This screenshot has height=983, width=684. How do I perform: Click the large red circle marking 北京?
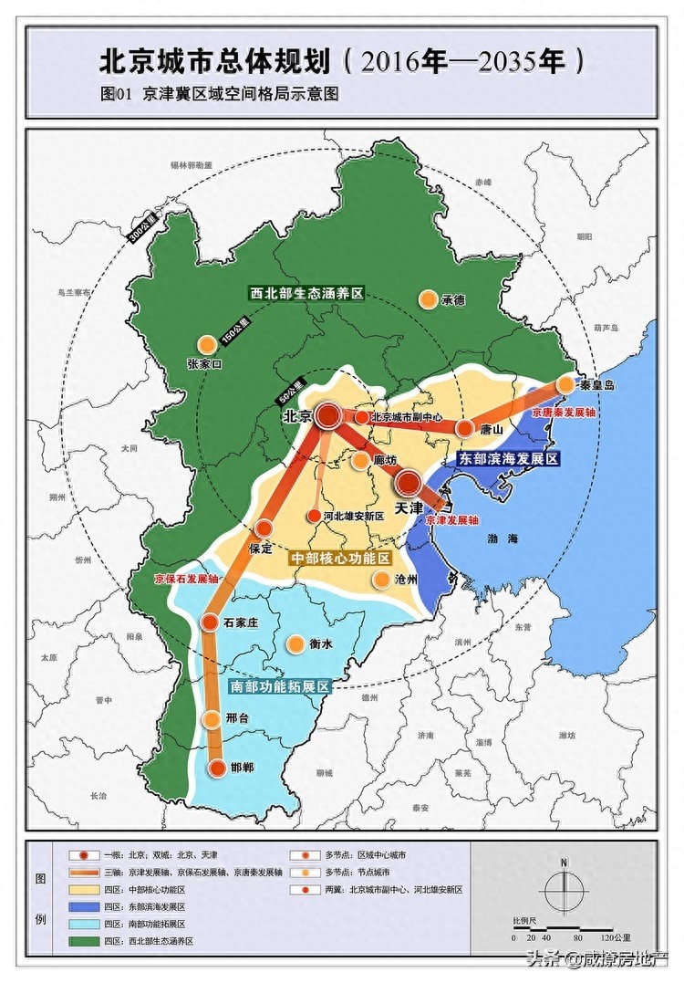point(328,416)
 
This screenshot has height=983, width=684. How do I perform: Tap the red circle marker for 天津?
point(409,483)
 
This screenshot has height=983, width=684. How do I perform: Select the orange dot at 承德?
point(427,298)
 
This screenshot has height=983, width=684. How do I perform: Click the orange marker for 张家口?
point(207,344)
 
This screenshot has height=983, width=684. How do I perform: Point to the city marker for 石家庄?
point(209,622)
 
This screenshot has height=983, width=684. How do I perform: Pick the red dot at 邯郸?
point(217,768)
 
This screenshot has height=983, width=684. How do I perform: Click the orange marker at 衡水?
point(295,643)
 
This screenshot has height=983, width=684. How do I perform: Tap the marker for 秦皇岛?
point(565,384)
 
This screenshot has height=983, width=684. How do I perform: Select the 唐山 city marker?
point(464,428)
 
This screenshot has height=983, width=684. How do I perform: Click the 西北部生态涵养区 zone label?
point(307,294)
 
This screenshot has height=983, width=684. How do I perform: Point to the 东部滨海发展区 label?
point(509,459)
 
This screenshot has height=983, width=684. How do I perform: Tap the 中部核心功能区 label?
point(340,557)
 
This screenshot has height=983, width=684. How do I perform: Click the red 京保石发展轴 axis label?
point(187,579)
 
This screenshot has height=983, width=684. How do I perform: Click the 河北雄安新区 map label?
point(354,516)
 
